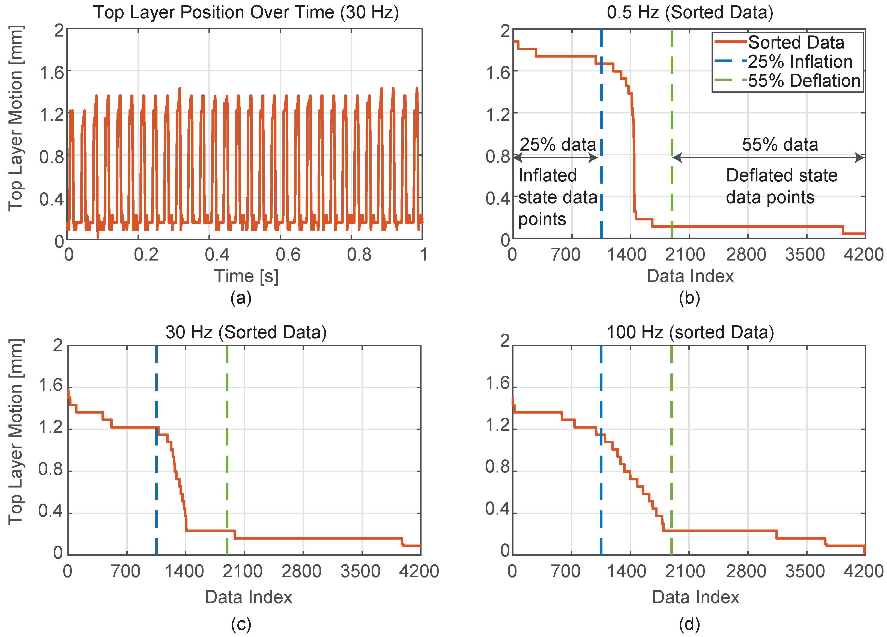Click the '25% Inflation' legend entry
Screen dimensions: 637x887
(x=799, y=62)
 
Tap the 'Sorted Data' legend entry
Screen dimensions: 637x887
(x=796, y=42)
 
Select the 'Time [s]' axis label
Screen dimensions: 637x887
(x=246, y=276)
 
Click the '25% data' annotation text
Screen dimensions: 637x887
(x=557, y=145)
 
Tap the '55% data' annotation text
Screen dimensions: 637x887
(x=780, y=145)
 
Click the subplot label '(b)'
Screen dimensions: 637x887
(x=689, y=298)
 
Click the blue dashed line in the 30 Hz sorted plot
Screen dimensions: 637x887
(x=156, y=489)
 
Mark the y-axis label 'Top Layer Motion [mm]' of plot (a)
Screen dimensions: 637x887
(x=16, y=118)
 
